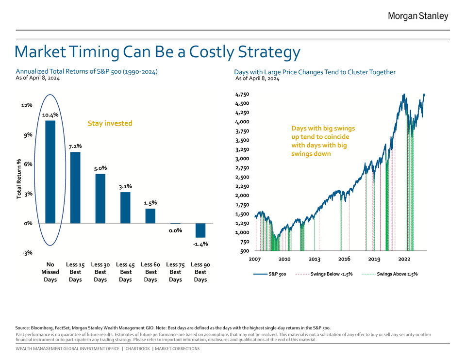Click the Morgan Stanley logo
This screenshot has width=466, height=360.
click(418, 16)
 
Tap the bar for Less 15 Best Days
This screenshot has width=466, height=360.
click(75, 187)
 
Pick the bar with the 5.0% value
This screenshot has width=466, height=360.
click(100, 198)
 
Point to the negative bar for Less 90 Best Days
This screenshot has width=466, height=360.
click(200, 230)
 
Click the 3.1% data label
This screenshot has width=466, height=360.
click(125, 186)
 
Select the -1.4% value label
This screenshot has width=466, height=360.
click(200, 244)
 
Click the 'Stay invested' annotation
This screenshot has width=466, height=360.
click(110, 123)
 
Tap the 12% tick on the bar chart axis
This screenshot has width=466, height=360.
click(27, 105)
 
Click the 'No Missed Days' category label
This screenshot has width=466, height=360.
click(50, 272)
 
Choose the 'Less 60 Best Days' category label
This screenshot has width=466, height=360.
click(150, 272)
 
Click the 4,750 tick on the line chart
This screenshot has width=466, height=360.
click(242, 94)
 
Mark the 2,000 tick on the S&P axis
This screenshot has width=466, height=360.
click(242, 196)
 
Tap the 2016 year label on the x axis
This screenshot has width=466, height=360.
click(344, 259)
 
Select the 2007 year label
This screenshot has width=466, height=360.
click(255, 259)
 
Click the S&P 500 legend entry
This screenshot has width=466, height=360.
click(270, 274)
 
